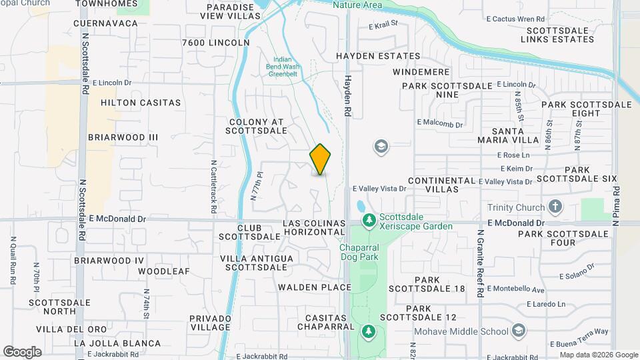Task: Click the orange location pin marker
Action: tap(320, 159)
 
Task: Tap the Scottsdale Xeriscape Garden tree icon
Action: tap(368, 219)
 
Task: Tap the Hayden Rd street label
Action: tap(347, 97)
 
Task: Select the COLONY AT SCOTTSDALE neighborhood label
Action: tap(257, 127)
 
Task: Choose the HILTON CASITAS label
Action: tap(141, 103)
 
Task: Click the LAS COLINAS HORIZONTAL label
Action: tap(314, 227)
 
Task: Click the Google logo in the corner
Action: tap(21, 351)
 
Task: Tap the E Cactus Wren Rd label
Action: tap(515, 18)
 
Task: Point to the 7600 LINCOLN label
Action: tap(215, 43)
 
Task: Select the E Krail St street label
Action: tap(383, 25)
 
